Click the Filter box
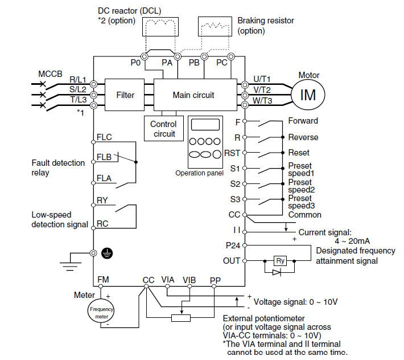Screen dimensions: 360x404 click(125, 95)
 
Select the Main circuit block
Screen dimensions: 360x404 click(193, 95)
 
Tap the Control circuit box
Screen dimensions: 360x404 click(163, 129)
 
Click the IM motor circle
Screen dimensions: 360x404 click(308, 95)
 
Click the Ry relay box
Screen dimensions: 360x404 click(280, 261)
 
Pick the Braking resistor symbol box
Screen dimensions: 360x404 click(216, 27)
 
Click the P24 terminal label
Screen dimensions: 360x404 click(233, 246)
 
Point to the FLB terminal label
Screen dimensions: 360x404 click(104, 157)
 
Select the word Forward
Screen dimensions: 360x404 click(303, 121)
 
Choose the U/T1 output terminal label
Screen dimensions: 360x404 click(262, 79)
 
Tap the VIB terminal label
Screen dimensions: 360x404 click(189, 280)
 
